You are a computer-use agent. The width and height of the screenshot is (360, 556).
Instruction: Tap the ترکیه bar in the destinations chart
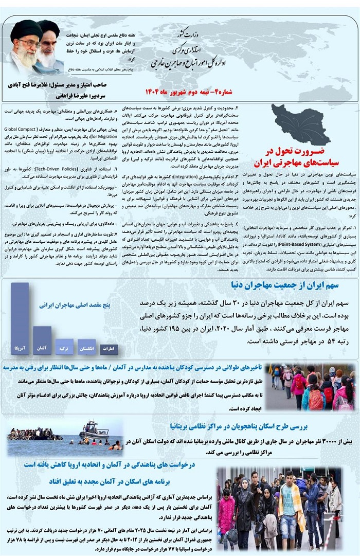click(64, 346)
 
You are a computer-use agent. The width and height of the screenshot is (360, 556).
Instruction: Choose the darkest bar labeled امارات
click(109, 349)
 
